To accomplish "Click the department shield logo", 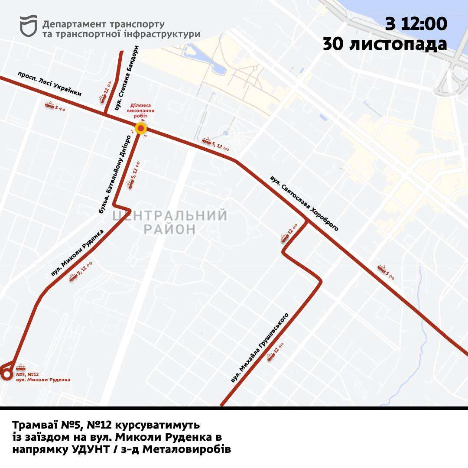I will click(29, 26).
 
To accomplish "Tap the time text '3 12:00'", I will click(416, 24).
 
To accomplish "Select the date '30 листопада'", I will click(385, 44).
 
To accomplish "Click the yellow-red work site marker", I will click(141, 128).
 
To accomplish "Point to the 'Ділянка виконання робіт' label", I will click(142, 110).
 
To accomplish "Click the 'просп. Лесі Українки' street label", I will click(50, 84).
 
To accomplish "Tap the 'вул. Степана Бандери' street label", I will click(126, 78).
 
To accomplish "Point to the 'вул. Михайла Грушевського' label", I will click(260, 347).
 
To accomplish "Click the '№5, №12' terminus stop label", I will click(27, 374).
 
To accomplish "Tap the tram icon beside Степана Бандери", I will click(103, 98).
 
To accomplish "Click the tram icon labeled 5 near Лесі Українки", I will click(49, 105).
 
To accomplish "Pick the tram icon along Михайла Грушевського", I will click(271, 357).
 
